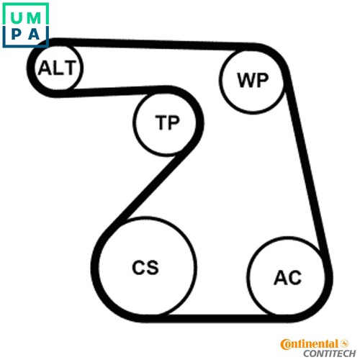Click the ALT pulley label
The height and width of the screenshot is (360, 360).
pyautogui.click(x=57, y=68)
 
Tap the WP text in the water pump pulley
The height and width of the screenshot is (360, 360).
pyautogui.click(x=253, y=80)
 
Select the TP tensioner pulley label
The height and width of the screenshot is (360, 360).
pyautogui.click(x=168, y=122)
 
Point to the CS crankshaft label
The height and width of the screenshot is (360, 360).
pyautogui.click(x=145, y=267)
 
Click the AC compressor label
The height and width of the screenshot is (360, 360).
pyautogui.click(x=288, y=278)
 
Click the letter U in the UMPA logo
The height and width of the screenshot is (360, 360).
pyautogui.click(x=17, y=18)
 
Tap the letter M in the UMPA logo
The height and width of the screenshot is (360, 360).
pyautogui.click(x=34, y=18)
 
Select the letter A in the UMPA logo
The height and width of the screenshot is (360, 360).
pyautogui.click(x=34, y=35)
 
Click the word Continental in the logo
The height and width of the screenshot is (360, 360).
pyautogui.click(x=310, y=344)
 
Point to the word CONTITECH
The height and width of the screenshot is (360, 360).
pyautogui.click(x=330, y=354)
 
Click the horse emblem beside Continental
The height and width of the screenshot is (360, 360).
pyautogui.click(x=344, y=343)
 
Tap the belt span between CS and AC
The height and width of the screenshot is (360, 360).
pyautogui.click(x=217, y=318)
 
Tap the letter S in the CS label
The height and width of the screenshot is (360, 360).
pyautogui.click(x=153, y=267)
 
